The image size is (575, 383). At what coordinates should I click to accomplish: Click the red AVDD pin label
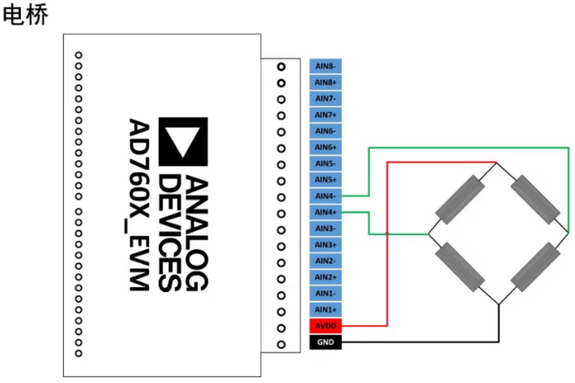pos(326,326)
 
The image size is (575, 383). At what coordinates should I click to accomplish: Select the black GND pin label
pos(326,342)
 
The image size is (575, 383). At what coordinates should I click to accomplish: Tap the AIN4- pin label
pos(326,196)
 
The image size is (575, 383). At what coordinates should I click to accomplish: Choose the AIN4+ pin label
pos(326,212)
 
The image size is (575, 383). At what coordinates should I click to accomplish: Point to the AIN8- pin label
pos(326,66)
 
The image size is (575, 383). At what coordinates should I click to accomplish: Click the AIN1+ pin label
pos(326,309)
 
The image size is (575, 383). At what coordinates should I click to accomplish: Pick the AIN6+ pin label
pos(326,147)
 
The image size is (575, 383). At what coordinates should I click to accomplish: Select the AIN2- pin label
pos(326,261)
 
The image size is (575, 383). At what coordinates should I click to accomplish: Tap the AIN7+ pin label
pos(326,115)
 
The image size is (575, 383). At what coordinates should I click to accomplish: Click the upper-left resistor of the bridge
pos(460,200)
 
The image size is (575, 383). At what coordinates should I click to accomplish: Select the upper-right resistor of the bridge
pos(535,200)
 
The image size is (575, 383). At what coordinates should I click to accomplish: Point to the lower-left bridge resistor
pos(460,267)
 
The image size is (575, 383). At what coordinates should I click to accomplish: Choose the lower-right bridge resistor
pos(535,267)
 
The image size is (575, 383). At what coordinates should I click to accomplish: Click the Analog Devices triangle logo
pos(183,142)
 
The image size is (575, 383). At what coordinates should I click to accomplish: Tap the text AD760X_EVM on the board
pos(139,204)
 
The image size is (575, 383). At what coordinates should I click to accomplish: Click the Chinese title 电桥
pos(25,14)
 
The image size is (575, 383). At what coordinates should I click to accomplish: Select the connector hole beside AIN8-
pos(281,67)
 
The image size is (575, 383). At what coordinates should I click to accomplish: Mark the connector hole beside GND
pos(281,344)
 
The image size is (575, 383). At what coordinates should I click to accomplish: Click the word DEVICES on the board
pos(170,233)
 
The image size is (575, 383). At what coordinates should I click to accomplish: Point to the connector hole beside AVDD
pos(281,328)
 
